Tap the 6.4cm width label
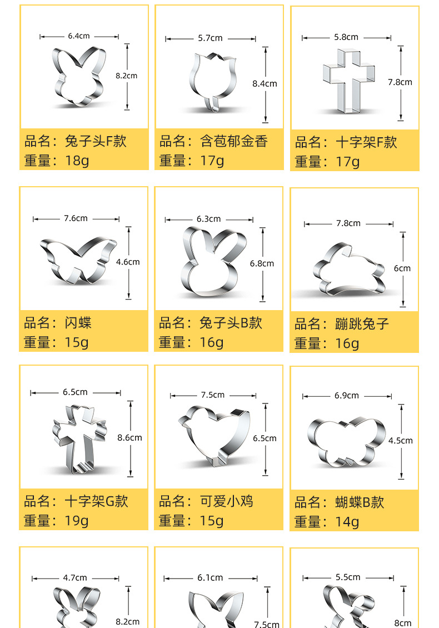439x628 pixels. point(79,36)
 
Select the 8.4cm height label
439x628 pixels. point(265,84)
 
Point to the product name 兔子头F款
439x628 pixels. point(96,141)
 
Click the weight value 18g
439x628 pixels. point(77,161)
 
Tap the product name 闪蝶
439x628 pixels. point(78,323)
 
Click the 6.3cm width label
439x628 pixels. point(209,219)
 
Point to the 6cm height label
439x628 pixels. point(402,268)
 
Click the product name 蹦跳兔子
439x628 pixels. point(362,324)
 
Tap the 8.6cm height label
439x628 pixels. point(129,438)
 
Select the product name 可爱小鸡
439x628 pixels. point(226,501)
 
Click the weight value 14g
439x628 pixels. point(347,522)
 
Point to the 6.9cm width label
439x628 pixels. point(346,396)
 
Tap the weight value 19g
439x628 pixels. point(77,521)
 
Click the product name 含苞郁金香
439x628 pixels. point(234,141)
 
